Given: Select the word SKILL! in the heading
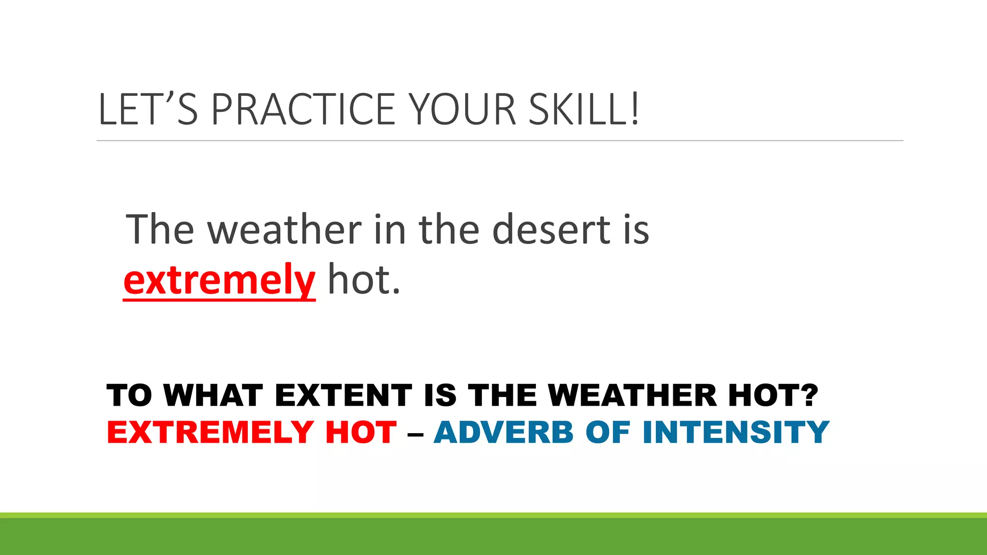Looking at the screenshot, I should coord(584,109).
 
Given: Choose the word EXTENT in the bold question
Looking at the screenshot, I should coord(344,396).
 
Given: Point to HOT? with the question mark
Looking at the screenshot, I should coord(773,396).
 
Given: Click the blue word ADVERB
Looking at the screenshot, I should coord(504,432).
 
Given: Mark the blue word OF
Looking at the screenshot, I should coord(608,432).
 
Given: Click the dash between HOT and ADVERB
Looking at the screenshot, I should coord(415,436).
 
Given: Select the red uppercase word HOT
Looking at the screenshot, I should coord(361,432).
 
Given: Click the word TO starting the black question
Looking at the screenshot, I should coord(129,396).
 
